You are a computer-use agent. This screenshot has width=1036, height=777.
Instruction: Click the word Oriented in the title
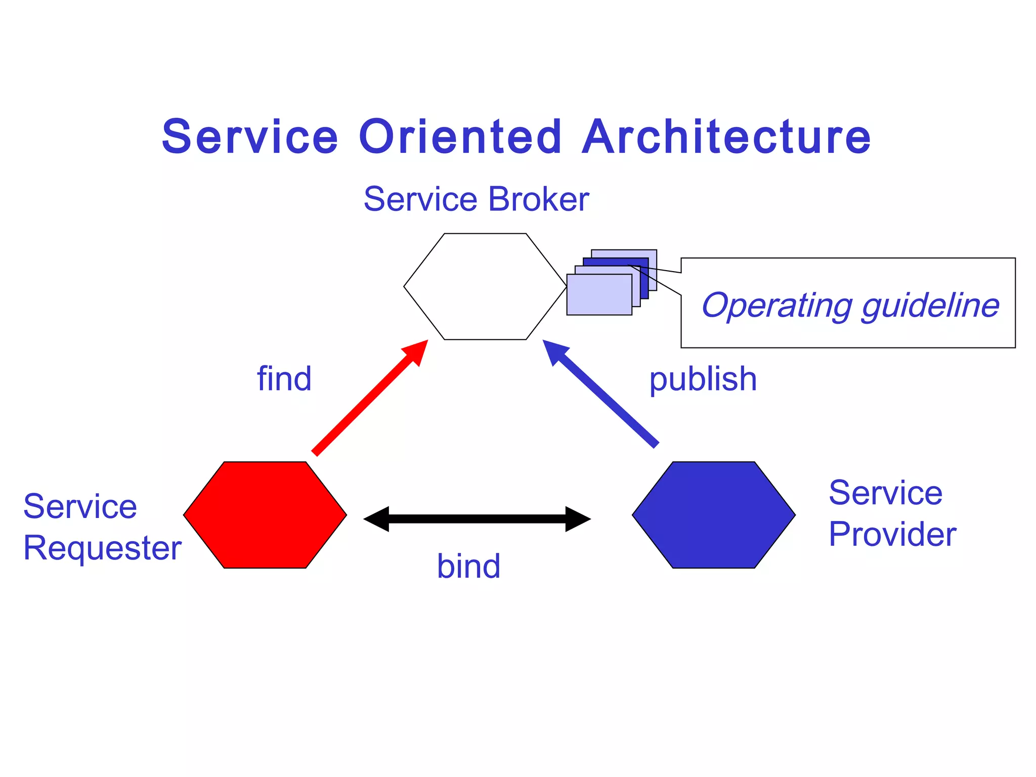coord(460,137)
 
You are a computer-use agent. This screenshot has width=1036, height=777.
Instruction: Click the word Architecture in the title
coord(726,137)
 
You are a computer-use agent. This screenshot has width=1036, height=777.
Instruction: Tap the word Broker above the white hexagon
coord(538,199)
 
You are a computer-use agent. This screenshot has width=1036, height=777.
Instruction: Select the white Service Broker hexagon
coord(485,286)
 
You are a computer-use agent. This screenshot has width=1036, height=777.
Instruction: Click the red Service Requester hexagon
coord(265,515)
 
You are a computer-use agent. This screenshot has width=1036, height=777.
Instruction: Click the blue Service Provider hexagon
coord(713,515)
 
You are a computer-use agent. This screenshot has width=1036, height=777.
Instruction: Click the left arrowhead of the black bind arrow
coord(376,519)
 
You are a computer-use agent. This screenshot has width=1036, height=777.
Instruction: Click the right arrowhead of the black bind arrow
coord(578,519)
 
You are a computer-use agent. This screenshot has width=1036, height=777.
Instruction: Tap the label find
coord(284,379)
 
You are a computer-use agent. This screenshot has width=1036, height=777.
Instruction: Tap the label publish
coord(703,379)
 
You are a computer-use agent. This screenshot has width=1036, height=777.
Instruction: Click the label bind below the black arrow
coord(468,566)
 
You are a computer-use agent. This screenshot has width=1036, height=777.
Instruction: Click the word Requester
coord(102,548)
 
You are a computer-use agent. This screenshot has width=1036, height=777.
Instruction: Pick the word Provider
coord(892,534)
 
